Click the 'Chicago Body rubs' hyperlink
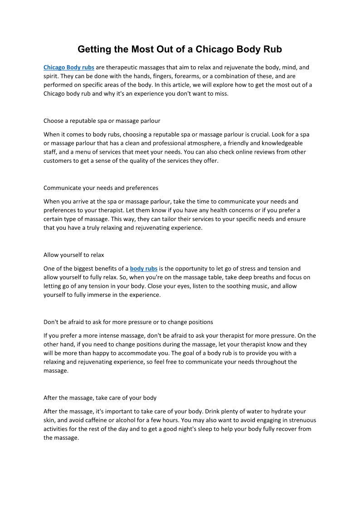69,68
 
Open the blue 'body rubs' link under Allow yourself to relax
144,269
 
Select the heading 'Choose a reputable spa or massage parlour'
102,121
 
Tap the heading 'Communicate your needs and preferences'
101,188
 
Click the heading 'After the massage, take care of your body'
100,398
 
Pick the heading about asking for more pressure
128,322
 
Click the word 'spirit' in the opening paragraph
51,76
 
